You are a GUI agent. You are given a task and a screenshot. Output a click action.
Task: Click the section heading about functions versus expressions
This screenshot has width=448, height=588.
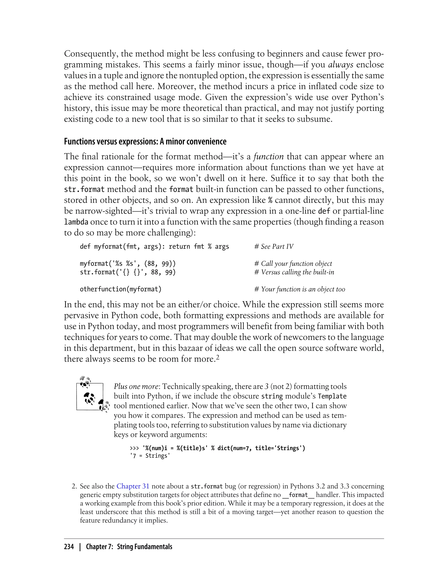145,142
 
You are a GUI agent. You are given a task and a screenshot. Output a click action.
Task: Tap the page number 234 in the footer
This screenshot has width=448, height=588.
69,547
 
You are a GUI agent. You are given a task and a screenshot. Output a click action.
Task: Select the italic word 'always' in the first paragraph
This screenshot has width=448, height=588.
341,65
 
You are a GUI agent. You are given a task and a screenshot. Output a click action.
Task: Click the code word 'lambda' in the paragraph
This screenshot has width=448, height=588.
76,222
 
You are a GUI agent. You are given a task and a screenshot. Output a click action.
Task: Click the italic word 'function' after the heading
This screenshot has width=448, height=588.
268,157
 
